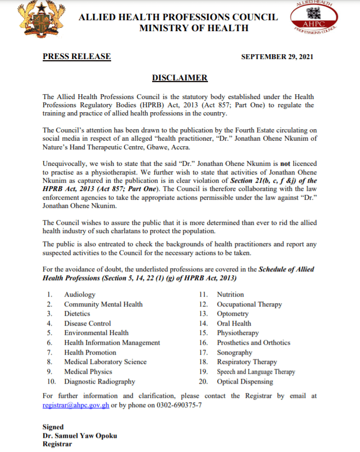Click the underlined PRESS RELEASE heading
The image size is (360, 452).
77,56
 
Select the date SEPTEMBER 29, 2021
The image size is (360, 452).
277,57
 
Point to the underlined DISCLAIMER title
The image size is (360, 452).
179,78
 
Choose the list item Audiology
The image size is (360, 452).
80,295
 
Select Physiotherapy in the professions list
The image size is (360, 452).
239,333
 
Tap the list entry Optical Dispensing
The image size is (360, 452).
245,381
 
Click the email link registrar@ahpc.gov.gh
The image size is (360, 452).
76,405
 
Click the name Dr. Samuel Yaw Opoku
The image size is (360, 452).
80,436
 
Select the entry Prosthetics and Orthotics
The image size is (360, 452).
253,343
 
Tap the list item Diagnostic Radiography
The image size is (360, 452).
100,381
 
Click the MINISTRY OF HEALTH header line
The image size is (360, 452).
194,28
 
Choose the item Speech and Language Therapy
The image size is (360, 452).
256,372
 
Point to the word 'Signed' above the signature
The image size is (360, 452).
53,427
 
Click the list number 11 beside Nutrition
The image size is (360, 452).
203,295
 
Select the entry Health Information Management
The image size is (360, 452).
112,343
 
